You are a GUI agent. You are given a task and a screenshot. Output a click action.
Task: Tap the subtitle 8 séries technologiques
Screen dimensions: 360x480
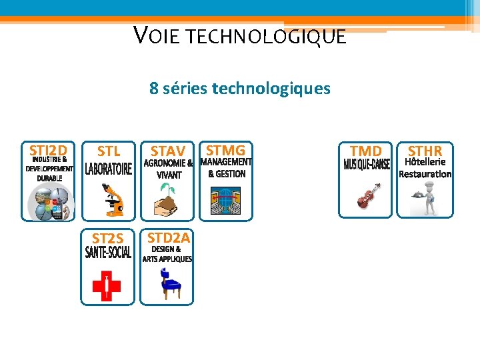(240, 88)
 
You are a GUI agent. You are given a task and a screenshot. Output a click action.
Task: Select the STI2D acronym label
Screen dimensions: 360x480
(48, 150)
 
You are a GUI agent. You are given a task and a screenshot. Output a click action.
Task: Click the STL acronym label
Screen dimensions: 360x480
(109, 151)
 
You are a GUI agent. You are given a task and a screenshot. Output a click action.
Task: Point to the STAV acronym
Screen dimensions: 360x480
(167, 151)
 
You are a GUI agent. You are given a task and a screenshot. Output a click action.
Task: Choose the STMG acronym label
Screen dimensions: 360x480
(226, 150)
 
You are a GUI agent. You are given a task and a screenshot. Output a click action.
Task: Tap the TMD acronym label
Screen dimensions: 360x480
(366, 151)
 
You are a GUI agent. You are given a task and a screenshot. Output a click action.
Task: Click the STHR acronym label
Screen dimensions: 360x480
(425, 151)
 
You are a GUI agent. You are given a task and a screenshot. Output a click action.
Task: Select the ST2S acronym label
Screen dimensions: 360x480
(108, 238)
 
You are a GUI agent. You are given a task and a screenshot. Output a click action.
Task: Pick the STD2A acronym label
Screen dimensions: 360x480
(169, 237)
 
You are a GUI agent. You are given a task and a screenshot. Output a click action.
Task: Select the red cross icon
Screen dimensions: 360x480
(107, 286)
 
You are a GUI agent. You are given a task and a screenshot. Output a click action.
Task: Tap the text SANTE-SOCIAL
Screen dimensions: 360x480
(108, 253)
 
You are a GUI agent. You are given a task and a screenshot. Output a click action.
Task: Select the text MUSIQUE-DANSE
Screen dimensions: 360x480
(366, 165)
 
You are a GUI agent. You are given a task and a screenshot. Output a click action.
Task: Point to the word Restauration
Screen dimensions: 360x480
(425, 174)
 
